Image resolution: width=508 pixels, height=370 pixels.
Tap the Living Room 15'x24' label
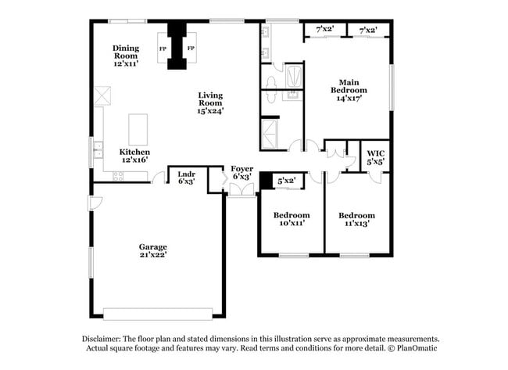210,103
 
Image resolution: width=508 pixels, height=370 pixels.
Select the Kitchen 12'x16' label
134,156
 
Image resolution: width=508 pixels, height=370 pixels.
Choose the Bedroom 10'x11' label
291,219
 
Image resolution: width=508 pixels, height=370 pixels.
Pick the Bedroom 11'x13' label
356,219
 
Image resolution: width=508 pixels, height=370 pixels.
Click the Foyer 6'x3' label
241,173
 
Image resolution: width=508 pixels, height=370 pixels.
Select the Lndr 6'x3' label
185,178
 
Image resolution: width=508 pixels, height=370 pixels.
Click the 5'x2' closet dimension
287,181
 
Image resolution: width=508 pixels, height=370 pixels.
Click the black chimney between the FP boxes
178,48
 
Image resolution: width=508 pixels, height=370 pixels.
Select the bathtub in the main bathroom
295,78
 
